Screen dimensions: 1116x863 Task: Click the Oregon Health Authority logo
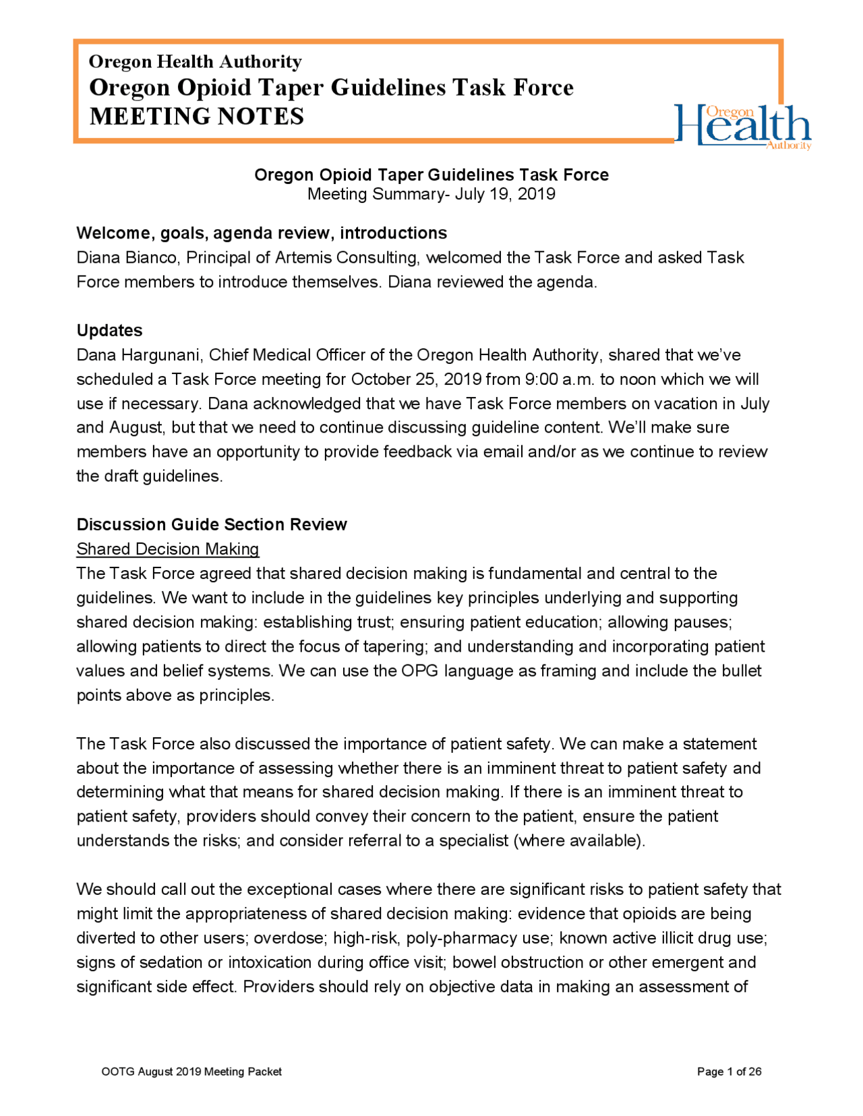pyautogui.click(x=742, y=126)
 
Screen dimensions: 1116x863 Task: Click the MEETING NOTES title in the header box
pyautogui.click(x=197, y=117)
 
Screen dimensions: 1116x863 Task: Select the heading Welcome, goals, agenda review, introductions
pyautogui.click(x=262, y=233)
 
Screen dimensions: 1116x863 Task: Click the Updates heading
pyautogui.click(x=109, y=330)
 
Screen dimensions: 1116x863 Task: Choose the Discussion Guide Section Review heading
pyautogui.click(x=212, y=524)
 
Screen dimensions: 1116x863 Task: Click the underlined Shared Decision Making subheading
pyautogui.click(x=168, y=549)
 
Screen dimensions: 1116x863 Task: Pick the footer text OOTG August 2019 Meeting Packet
pyautogui.click(x=191, y=1072)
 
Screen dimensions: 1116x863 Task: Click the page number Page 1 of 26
pyautogui.click(x=729, y=1072)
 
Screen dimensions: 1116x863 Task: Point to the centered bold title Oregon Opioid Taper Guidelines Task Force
pyautogui.click(x=431, y=175)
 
